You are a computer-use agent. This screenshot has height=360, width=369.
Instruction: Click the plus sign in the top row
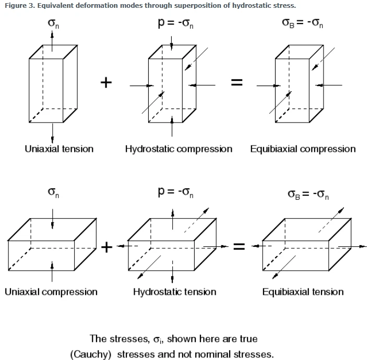[x=106, y=82]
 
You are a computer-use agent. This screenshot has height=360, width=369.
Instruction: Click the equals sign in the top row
[x=237, y=82]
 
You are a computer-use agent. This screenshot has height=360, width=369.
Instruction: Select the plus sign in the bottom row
[x=106, y=247]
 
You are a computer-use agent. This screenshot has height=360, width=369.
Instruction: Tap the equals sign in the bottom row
[x=239, y=246]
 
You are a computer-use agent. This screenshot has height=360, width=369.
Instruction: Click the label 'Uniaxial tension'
[x=59, y=149]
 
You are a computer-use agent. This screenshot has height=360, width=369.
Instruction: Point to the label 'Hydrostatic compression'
[x=178, y=149]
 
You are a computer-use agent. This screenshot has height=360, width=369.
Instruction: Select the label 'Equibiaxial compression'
[x=303, y=149]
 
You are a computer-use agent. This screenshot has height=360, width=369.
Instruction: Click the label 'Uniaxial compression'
[x=51, y=292]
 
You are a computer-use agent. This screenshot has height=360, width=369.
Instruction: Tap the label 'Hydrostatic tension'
[x=175, y=292]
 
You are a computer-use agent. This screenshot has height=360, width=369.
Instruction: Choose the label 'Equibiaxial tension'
[x=303, y=292]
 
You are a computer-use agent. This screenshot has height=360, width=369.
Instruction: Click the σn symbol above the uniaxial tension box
[x=53, y=23]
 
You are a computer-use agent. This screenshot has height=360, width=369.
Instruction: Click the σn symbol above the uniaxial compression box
[x=53, y=193]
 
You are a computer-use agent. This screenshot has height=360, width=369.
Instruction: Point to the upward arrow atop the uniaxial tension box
[x=52, y=41]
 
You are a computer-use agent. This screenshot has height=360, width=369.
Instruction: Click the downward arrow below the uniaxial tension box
[x=52, y=133]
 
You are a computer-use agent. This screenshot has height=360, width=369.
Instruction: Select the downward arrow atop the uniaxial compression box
[x=52, y=219]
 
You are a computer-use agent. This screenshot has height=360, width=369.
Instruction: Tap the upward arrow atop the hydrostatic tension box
[x=173, y=219]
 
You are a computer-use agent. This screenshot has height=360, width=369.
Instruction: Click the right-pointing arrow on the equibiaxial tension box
[x=352, y=246]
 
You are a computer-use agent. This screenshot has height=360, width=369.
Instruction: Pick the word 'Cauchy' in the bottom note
[x=91, y=354]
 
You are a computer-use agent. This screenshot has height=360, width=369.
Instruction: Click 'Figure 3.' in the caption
[x=20, y=6]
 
